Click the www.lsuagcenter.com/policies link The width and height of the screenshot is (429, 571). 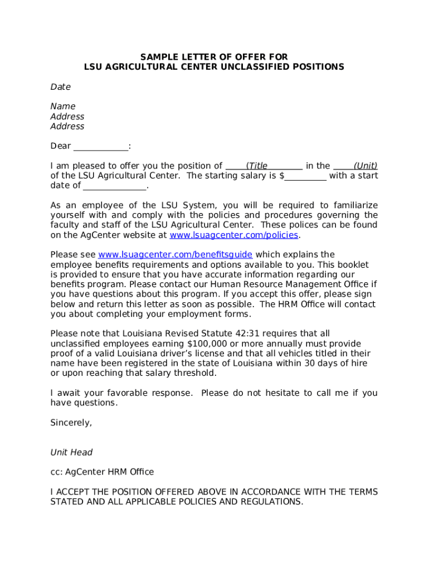click(x=234, y=235)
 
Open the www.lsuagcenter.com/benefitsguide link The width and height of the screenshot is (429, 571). click(x=175, y=255)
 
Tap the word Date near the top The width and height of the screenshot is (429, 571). click(x=60, y=87)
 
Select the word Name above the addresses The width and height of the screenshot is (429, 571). click(x=63, y=107)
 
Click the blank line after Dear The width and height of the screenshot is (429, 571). click(x=101, y=147)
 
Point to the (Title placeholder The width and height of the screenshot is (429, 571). click(x=257, y=166)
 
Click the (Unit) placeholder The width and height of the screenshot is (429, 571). click(x=365, y=166)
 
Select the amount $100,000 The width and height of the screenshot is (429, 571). click(x=207, y=344)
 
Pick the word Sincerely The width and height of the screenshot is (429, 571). click(x=71, y=423)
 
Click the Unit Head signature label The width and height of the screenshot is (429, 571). click(x=71, y=453)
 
